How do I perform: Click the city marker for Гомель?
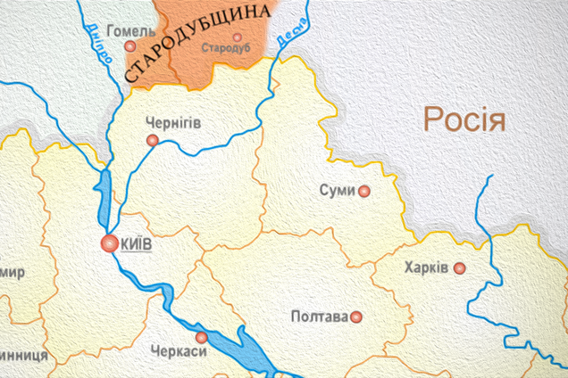pyautogui.click(x=130, y=46)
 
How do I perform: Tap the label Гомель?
pyautogui.click(x=129, y=30)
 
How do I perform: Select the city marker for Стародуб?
pyautogui.click(x=237, y=38)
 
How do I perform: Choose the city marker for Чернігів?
pyautogui.click(x=153, y=141)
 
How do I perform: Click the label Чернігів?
pyautogui.click(x=172, y=124)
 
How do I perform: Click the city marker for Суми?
pyautogui.click(x=364, y=191)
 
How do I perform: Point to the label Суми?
pyautogui.click(x=338, y=190)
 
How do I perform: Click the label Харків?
pyautogui.click(x=425, y=267)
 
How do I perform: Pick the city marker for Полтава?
pyautogui.click(x=356, y=316)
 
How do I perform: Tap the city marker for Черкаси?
pyautogui.click(x=202, y=337)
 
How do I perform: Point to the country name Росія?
pyautogui.click(x=464, y=119)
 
